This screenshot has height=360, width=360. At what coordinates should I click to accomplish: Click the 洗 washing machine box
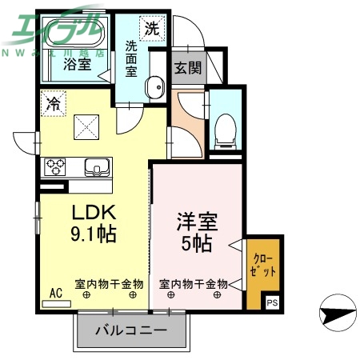coord(151,27)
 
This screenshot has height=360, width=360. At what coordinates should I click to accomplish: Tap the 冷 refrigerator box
coord(53,103)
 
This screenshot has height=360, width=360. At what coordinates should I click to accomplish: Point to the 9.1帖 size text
coord(95,235)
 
